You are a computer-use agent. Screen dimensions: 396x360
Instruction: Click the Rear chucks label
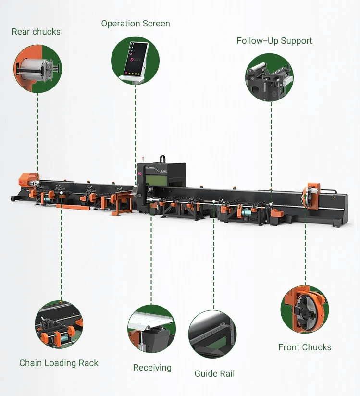pyautogui.click(x=36, y=32)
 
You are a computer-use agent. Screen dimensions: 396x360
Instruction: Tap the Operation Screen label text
pyautogui.click(x=136, y=24)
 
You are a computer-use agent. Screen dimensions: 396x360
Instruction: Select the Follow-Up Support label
pyautogui.click(x=274, y=41)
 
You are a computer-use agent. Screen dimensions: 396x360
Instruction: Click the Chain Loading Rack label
pyautogui.click(x=59, y=363)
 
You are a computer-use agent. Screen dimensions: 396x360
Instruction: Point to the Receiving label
pyautogui.click(x=152, y=368)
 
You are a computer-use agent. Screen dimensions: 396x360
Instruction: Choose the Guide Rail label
pyautogui.click(x=214, y=373)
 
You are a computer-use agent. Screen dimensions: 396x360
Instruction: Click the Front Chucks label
pyautogui.click(x=305, y=347)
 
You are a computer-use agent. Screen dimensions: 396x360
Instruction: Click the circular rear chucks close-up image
pyautogui.click(x=38, y=68)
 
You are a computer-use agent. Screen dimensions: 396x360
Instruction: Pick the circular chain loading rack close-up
pyautogui.click(x=59, y=325)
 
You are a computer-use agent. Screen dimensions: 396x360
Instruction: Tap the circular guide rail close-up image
pyautogui.click(x=212, y=334)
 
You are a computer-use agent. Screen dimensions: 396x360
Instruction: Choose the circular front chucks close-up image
pyautogui.click(x=305, y=309)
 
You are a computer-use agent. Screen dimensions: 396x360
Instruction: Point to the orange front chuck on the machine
pyautogui.click(x=310, y=197)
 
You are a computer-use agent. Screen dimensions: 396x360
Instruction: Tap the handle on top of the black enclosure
pyautogui.click(x=163, y=159)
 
